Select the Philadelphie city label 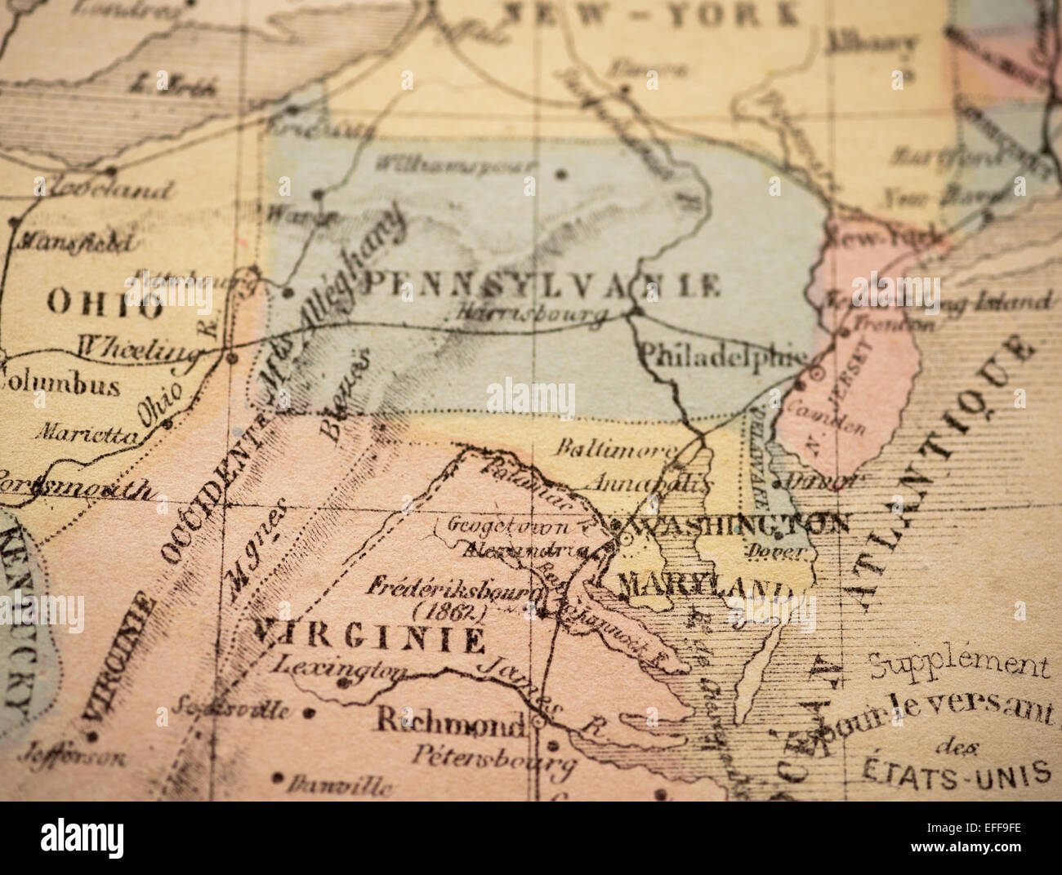(x=722, y=355)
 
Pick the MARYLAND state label (x=703, y=584)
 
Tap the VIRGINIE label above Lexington (x=368, y=637)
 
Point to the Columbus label (x=60, y=383)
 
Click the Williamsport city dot (x=560, y=173)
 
